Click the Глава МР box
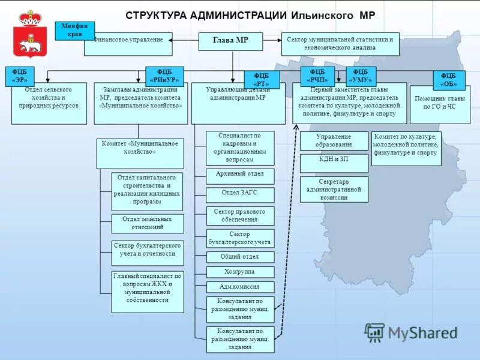point(230,41)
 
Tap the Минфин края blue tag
point(74,30)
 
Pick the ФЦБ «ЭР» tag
point(19,76)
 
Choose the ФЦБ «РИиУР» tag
point(164,76)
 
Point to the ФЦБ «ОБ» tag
point(449,79)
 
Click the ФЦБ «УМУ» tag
point(361,76)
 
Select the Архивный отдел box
point(240,176)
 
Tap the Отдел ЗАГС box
point(240,194)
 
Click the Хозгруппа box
point(240,272)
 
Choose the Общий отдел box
point(240,257)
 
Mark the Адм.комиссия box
point(240,287)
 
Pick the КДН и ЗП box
point(334,163)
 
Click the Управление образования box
point(334,140)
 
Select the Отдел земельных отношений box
point(147,223)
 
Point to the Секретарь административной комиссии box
point(334,189)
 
